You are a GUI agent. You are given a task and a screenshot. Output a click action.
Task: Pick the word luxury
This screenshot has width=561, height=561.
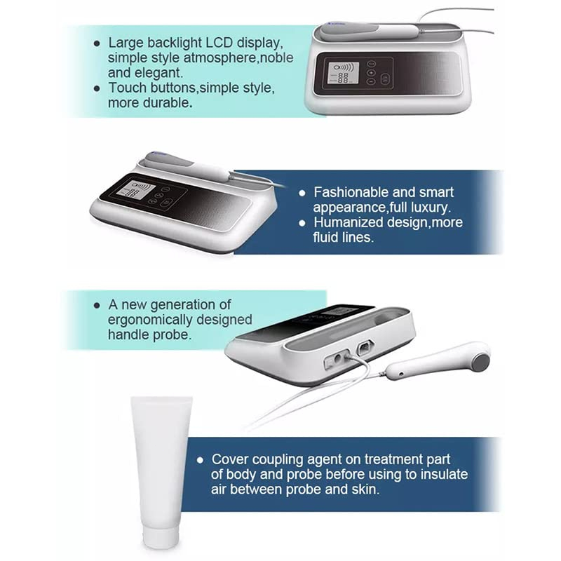(x=431, y=208)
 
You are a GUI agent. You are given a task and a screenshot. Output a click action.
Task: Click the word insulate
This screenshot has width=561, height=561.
(x=444, y=475)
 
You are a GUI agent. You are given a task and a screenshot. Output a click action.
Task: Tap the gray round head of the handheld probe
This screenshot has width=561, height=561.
(x=481, y=362)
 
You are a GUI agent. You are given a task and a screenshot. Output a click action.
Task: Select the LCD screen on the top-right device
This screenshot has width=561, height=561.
(x=343, y=74)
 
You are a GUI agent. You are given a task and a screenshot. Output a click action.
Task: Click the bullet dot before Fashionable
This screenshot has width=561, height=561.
(x=302, y=194)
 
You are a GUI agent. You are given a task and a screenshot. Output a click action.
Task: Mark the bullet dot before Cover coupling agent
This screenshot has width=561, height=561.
(x=201, y=460)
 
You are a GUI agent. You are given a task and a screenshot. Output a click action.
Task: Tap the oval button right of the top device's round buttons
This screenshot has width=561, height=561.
(x=384, y=79)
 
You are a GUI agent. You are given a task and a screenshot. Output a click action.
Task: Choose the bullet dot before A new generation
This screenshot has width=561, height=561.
(x=97, y=305)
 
